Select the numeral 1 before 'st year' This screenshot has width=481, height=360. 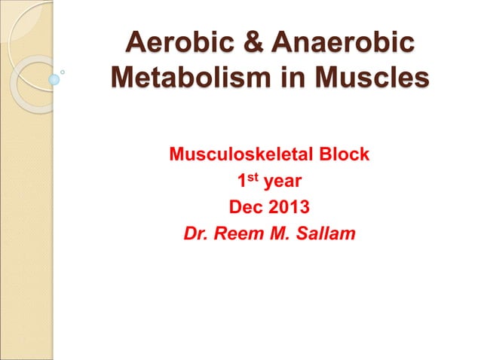coord(241,182)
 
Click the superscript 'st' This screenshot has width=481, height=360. coord(253,178)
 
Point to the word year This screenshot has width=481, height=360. coord(283,182)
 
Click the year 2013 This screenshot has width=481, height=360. coord(289,207)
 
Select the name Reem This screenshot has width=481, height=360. coord(237,233)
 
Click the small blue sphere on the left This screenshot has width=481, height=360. coord(54,78)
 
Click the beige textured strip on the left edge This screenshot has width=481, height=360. coord(15,226)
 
